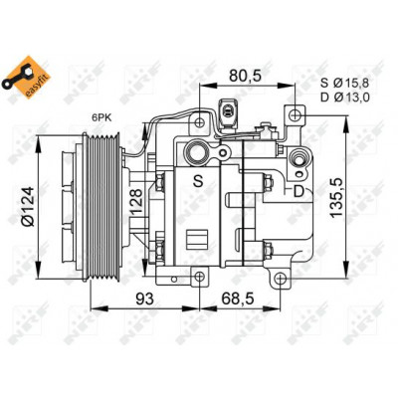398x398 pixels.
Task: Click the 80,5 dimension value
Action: pyautogui.click(x=246, y=76)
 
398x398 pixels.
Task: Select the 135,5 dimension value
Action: pyautogui.click(x=337, y=197)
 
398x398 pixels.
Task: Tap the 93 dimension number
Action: pyautogui.click(x=145, y=298)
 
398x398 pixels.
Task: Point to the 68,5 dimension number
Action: pyautogui.click(x=238, y=298)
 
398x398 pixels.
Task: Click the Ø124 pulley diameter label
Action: pyautogui.click(x=29, y=206)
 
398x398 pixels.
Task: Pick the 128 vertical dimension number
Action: pyautogui.click(x=136, y=201)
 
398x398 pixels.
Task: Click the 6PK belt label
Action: pyautogui.click(x=102, y=117)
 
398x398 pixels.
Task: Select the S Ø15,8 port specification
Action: pyautogui.click(x=344, y=83)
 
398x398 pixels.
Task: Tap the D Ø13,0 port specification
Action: pyautogui.click(x=344, y=98)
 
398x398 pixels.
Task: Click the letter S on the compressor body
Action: pyautogui.click(x=198, y=181)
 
